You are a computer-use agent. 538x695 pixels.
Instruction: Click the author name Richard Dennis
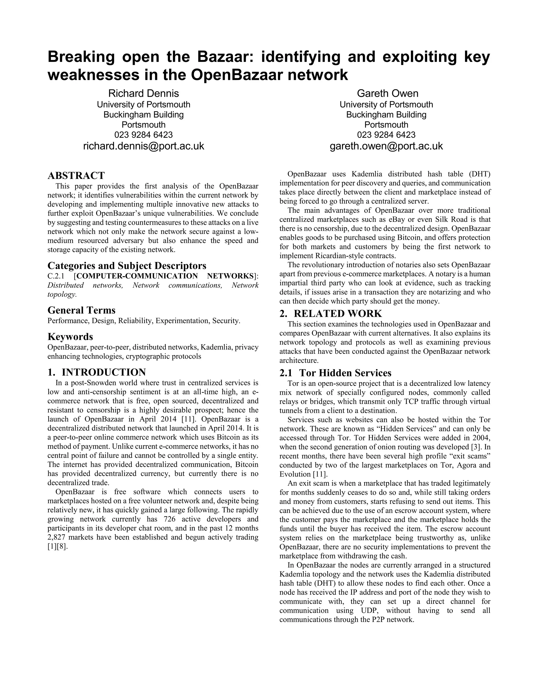(x=143, y=93)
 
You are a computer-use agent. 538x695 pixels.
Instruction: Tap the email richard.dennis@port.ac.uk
(x=143, y=146)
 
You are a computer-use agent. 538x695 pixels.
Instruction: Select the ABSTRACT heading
(x=76, y=175)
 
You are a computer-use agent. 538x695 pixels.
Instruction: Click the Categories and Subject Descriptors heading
(x=127, y=265)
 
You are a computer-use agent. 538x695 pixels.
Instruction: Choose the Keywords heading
(x=70, y=336)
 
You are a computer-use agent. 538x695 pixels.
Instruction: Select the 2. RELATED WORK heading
(x=330, y=313)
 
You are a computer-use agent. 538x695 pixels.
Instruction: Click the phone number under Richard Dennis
(x=143, y=135)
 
